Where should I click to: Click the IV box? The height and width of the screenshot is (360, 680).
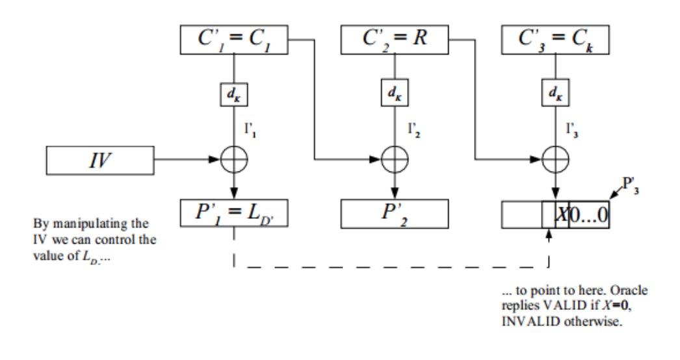(100, 161)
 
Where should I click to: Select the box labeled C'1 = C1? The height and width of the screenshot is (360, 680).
(234, 40)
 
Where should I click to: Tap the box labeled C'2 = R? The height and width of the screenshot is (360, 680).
(395, 40)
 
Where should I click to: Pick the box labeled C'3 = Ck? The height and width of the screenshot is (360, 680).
(555, 40)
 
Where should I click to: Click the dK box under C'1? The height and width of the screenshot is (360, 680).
(234, 94)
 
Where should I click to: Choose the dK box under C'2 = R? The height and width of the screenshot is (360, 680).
(395, 93)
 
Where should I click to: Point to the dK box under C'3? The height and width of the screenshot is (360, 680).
(556, 93)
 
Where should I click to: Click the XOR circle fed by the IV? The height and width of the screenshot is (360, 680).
(234, 160)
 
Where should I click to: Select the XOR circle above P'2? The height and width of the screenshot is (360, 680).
(395, 160)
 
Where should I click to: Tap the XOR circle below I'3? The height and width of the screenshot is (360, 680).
(556, 160)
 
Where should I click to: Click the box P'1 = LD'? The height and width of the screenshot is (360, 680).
(234, 213)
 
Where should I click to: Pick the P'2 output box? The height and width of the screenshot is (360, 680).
(395, 214)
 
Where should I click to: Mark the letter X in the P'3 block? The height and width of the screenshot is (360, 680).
(562, 214)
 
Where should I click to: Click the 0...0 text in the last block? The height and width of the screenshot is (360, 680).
(588, 214)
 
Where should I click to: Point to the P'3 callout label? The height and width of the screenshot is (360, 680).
(631, 185)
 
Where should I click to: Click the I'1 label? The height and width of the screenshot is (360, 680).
(250, 130)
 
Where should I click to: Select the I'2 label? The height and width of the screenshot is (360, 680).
(413, 130)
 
